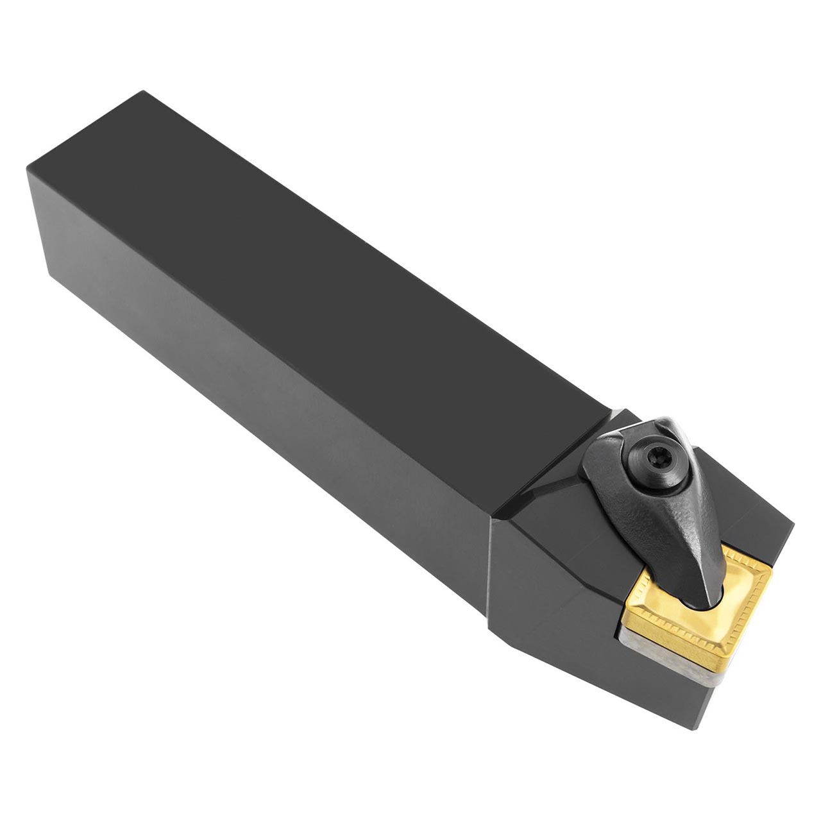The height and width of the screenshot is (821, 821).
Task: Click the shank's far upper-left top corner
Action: [x=142, y=92]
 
